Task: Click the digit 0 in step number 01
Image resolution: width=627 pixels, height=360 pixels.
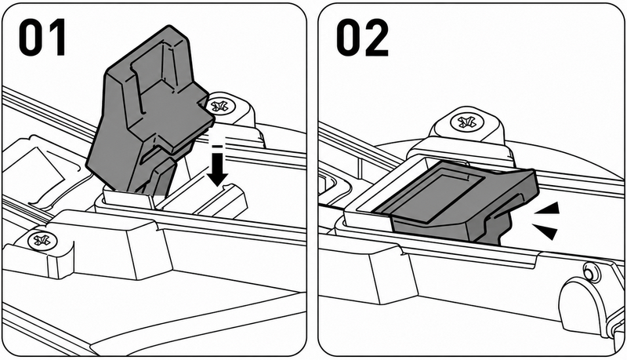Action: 34,37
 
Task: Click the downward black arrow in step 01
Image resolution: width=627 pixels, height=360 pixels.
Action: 218,169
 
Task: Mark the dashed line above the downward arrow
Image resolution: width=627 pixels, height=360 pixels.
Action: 218,142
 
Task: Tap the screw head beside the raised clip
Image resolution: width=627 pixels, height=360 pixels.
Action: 219,106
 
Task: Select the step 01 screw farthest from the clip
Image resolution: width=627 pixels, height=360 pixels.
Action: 42,240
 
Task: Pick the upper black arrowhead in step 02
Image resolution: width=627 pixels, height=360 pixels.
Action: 549,209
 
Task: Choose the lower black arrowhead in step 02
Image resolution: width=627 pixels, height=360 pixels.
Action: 546,231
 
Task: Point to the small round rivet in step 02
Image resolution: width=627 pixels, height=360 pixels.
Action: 590,274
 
